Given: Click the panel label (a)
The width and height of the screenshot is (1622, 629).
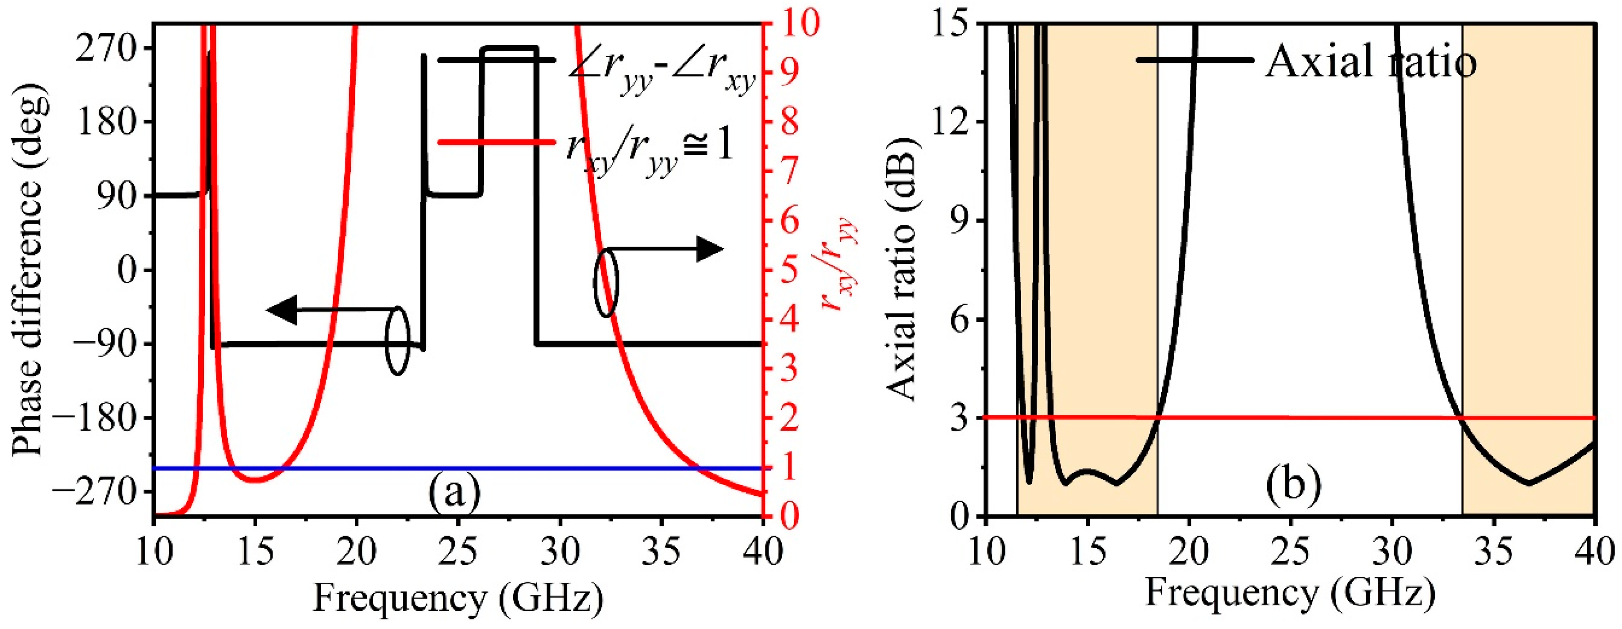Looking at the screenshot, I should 455,492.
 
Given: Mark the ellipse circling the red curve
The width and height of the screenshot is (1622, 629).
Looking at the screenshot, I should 606,282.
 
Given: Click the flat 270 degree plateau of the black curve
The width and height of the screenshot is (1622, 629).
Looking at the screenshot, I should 509,48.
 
